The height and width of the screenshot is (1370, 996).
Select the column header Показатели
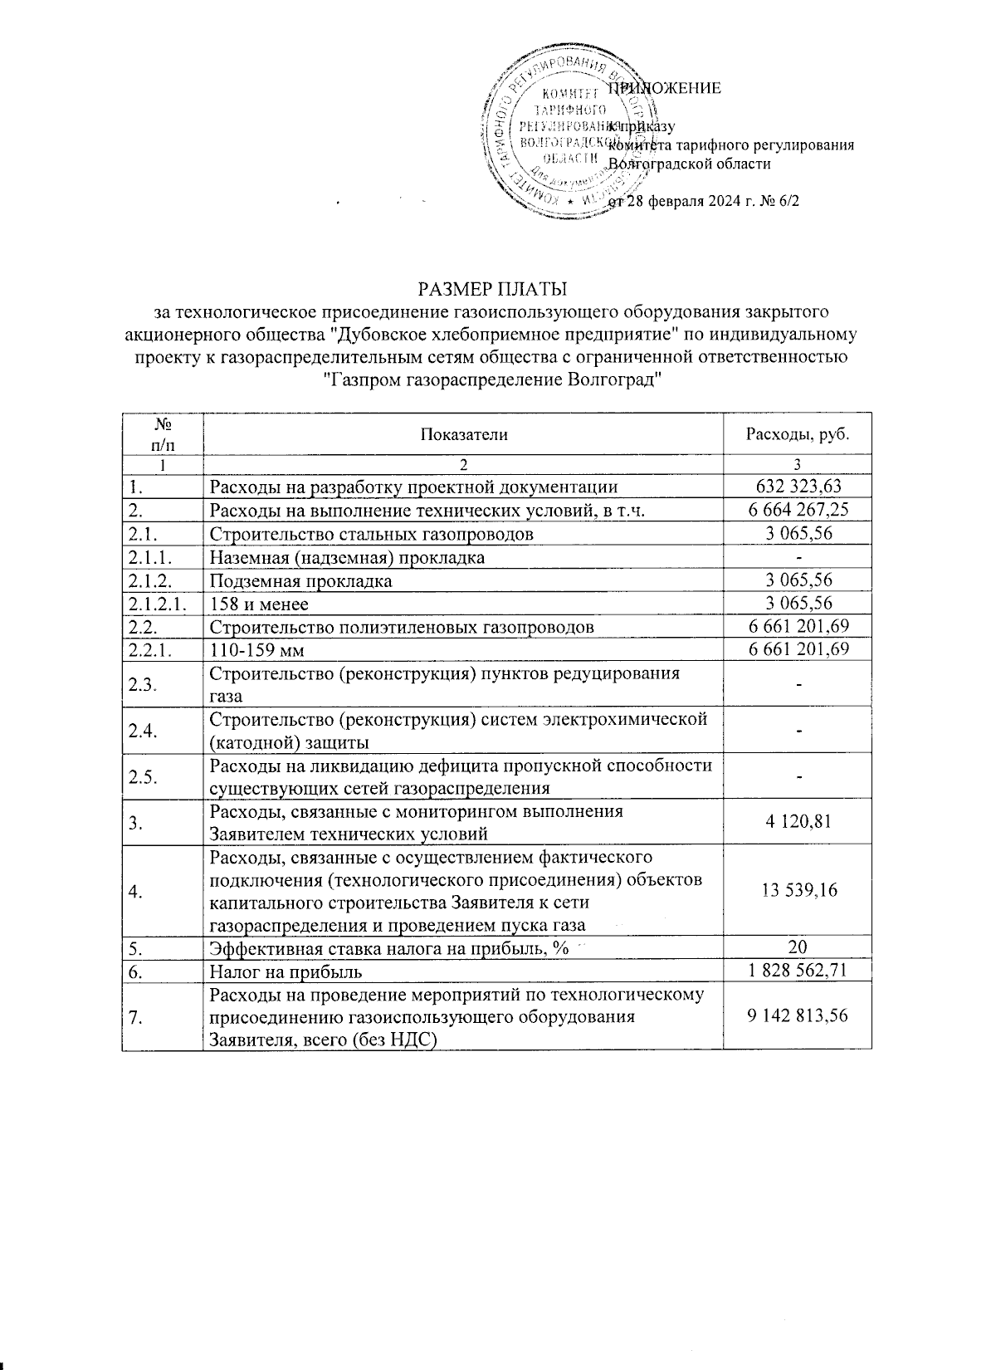click(x=463, y=433)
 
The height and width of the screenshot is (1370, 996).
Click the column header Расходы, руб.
click(x=797, y=433)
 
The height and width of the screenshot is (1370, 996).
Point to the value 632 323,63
click(x=797, y=487)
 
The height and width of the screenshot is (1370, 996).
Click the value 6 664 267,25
click(x=797, y=510)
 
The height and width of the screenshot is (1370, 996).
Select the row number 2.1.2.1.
click(x=159, y=604)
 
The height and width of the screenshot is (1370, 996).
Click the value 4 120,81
click(x=797, y=822)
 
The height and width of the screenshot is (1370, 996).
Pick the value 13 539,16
click(x=797, y=890)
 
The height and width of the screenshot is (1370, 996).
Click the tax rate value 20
click(x=797, y=947)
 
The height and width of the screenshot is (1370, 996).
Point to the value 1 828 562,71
click(x=797, y=970)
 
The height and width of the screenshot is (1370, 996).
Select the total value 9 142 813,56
click(x=797, y=1015)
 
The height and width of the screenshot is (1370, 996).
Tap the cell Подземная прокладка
click(x=300, y=581)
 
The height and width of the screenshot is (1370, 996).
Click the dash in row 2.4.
click(x=797, y=730)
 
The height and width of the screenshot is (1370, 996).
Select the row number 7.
click(x=134, y=1016)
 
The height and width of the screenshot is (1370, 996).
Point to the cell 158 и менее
click(x=259, y=604)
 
